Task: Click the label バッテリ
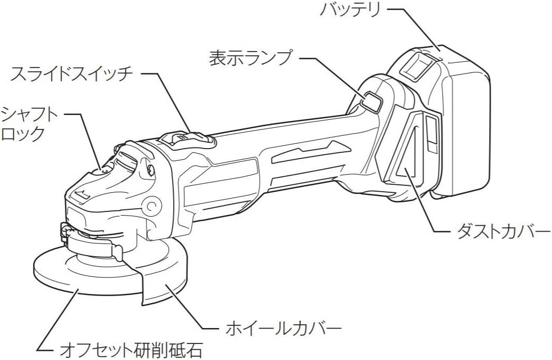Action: point(350,10)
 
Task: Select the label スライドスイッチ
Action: point(72,74)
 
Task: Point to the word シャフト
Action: point(30,114)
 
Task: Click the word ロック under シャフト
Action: point(23,133)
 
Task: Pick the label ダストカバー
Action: point(503,232)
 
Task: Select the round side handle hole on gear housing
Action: point(152,205)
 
